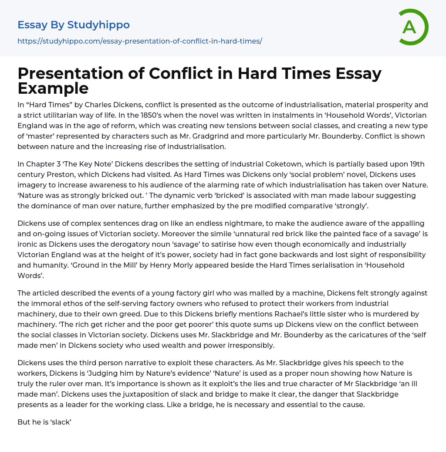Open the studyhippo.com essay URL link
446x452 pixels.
(139, 41)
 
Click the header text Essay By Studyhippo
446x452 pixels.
(74, 25)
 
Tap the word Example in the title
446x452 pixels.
(53, 88)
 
